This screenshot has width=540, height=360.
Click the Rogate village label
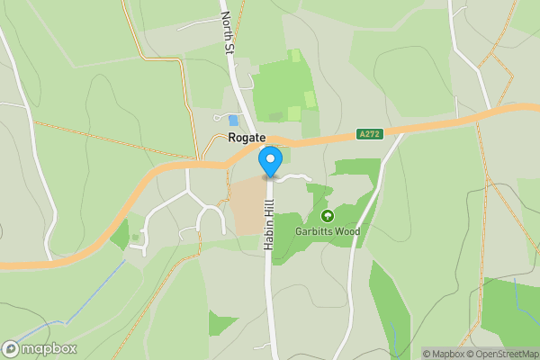(x=247, y=137)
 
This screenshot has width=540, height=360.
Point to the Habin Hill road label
(x=268, y=224)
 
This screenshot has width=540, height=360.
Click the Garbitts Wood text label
(x=328, y=231)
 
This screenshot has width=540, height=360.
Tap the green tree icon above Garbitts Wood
(x=327, y=216)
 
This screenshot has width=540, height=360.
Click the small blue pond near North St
(x=234, y=120)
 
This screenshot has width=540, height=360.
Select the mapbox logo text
(x=49, y=348)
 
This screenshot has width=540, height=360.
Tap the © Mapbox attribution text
(x=444, y=354)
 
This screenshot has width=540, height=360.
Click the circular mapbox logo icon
(x=11, y=348)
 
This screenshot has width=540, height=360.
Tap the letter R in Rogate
(x=233, y=137)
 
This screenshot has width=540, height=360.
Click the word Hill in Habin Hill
(x=268, y=211)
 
